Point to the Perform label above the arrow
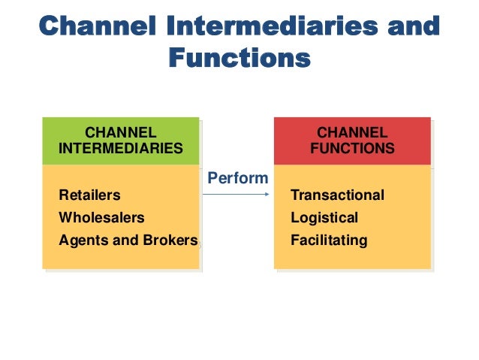(237, 179)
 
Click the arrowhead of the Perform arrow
(267, 195)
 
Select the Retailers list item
(89, 195)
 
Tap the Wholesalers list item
(101, 218)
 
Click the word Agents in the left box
(81, 241)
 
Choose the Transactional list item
(337, 195)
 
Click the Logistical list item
(324, 218)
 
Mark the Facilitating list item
(329, 241)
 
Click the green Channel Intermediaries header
(120, 141)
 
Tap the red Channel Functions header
(352, 141)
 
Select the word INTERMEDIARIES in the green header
(120, 149)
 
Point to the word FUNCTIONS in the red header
(352, 149)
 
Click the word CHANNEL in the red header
(352, 133)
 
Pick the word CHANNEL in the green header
(120, 133)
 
